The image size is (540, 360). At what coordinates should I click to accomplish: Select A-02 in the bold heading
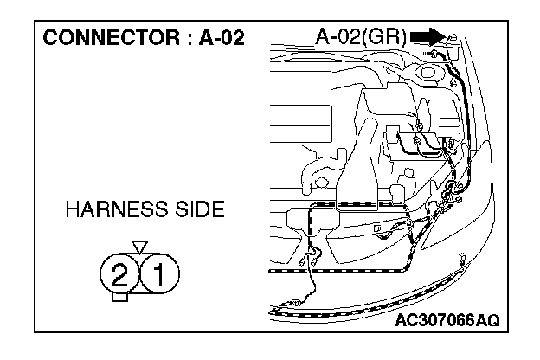click(215, 38)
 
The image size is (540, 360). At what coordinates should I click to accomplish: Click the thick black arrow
click(427, 36)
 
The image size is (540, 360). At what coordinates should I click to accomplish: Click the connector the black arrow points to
click(452, 38)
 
